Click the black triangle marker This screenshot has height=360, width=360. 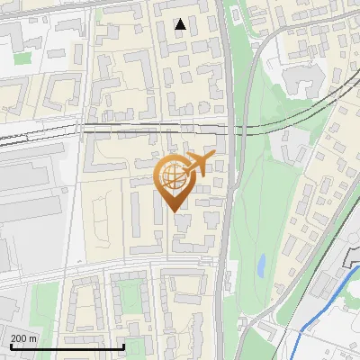click(180, 25)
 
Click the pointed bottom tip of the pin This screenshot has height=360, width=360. click(175, 211)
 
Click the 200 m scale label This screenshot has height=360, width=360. click(24, 338)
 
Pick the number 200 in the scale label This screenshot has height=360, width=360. click(20, 338)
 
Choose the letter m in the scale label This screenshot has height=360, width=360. click(33, 338)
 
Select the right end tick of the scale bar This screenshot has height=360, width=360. click(123, 345)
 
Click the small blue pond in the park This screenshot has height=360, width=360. click(260, 265)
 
